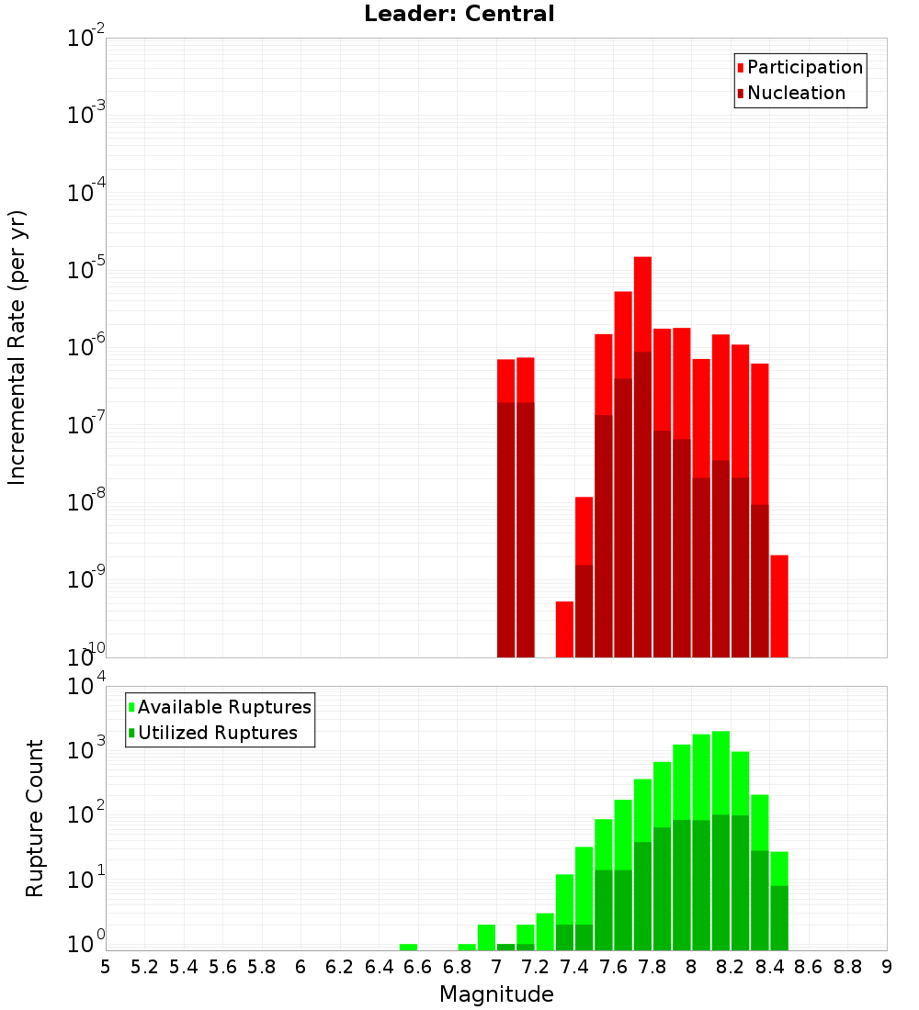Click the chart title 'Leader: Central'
pyautogui.click(x=459, y=14)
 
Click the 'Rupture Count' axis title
pyautogui.click(x=35, y=817)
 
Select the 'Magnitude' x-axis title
pyautogui.click(x=496, y=994)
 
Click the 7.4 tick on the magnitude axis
pyautogui.click(x=574, y=967)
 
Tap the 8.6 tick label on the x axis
pyautogui.click(x=809, y=967)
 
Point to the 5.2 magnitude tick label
pyautogui.click(x=145, y=967)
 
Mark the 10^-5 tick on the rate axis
pyautogui.click(x=86, y=270)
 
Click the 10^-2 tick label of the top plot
pyautogui.click(x=86, y=39)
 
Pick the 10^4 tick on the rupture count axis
pyautogui.click(x=86, y=686)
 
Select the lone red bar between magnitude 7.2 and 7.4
pyautogui.click(x=564, y=629)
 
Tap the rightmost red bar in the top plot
pyautogui.click(x=779, y=606)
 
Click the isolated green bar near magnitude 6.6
pyautogui.click(x=408, y=947)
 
